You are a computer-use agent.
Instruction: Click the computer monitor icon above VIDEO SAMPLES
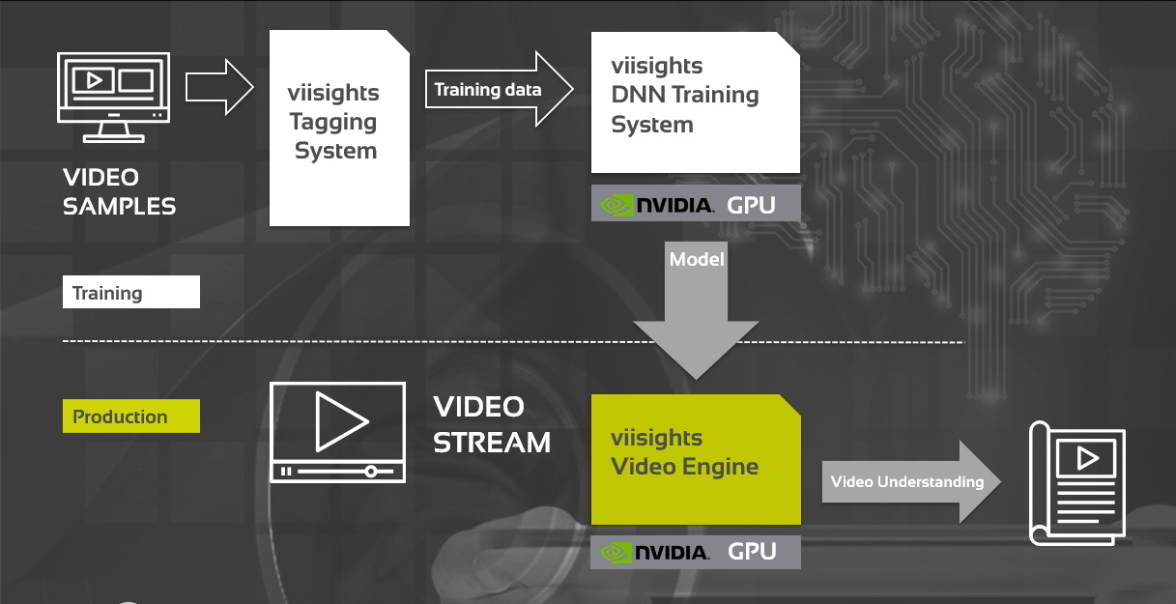(115, 97)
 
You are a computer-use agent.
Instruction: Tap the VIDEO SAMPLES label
(119, 191)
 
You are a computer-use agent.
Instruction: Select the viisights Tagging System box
(338, 128)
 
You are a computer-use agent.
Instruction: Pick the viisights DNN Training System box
(695, 101)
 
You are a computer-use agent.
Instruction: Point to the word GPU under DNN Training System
(751, 205)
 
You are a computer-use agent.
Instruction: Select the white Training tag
(130, 293)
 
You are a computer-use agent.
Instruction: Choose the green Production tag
(130, 417)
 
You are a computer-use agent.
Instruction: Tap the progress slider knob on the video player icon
(370, 472)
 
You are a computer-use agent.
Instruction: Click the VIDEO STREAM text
(491, 424)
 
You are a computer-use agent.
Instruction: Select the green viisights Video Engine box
(696, 459)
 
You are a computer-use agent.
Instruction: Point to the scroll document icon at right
(1076, 483)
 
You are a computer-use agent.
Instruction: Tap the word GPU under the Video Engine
(751, 552)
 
